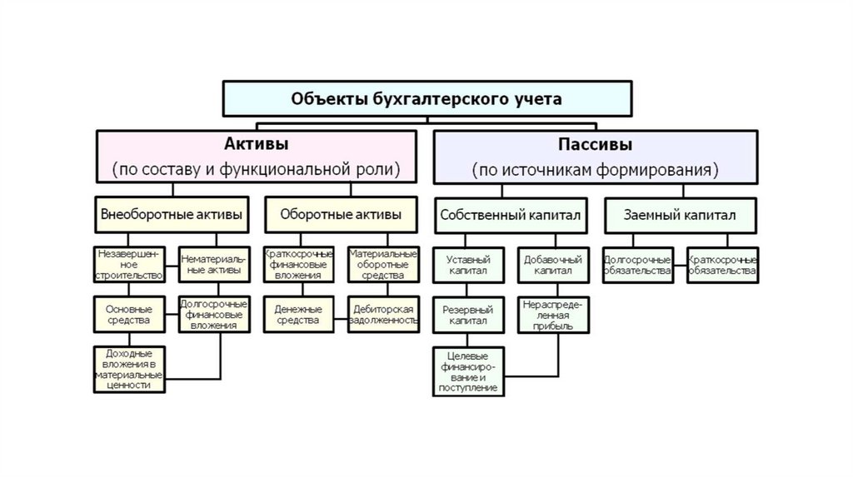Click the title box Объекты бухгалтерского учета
(426, 98)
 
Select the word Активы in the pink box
(256, 143)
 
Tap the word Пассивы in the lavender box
(595, 143)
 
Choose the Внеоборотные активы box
(172, 214)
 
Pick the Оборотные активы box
(341, 214)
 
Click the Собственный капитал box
(510, 215)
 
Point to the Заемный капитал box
(680, 215)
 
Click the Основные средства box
(128, 314)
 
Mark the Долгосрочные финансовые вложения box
(211, 314)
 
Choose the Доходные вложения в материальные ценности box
(128, 370)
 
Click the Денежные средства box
(297, 314)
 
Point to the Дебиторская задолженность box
(383, 314)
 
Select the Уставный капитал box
(467, 265)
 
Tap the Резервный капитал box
(467, 314)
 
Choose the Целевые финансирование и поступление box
(467, 371)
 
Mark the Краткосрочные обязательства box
(722, 265)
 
